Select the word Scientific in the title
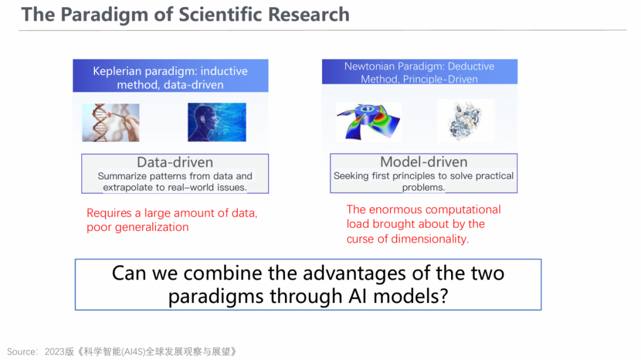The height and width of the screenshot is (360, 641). [220, 14]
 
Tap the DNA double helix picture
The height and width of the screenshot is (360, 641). [111, 123]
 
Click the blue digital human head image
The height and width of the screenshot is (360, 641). [217, 122]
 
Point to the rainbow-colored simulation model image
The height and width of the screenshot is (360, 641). [369, 122]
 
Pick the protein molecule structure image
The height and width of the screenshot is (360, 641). [466, 121]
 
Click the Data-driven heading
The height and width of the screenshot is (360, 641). [175, 163]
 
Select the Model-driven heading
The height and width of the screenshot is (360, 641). [424, 162]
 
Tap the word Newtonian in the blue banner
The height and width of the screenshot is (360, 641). [370, 66]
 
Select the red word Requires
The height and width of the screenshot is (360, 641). [109, 214]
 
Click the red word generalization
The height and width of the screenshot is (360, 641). [152, 227]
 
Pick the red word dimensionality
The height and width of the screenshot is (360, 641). [430, 239]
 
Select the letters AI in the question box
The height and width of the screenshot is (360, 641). [358, 296]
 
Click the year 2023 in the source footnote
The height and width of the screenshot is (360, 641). [55, 352]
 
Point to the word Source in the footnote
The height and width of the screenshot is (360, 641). [21, 352]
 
